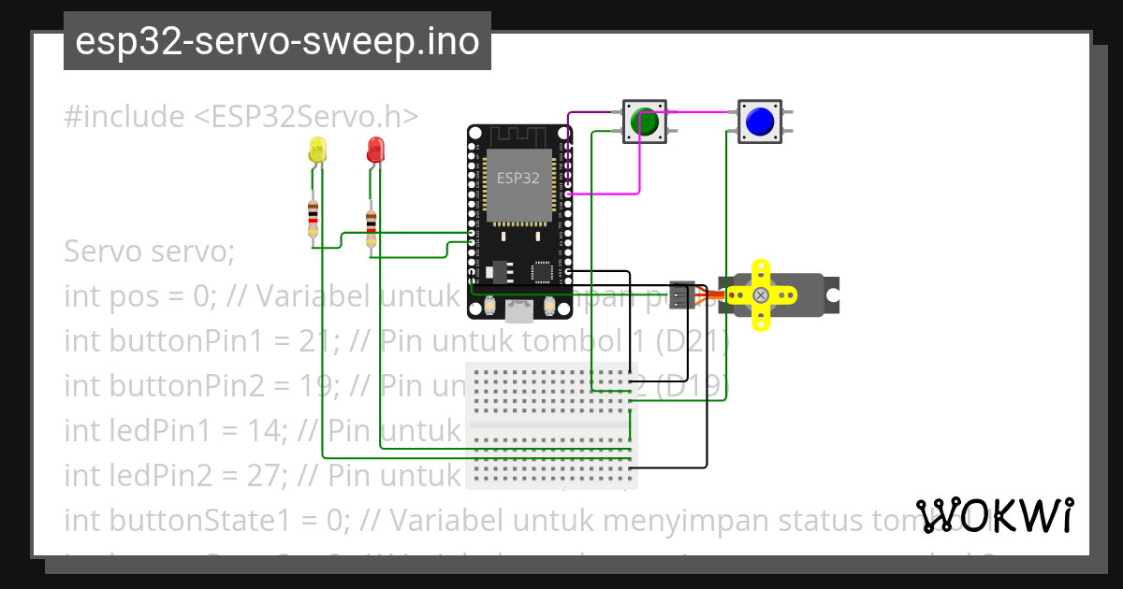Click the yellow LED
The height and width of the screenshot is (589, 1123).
click(x=317, y=150)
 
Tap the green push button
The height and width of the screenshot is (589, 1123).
click(x=644, y=122)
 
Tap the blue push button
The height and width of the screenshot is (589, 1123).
click(x=759, y=122)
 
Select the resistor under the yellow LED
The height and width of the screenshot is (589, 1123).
click(x=313, y=219)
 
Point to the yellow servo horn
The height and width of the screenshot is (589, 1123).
click(x=762, y=294)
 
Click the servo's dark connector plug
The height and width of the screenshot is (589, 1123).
click(x=683, y=294)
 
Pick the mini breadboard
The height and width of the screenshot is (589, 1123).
click(x=551, y=425)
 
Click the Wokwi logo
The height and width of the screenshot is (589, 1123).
click(x=995, y=516)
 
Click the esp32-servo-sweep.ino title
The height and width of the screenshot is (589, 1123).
click(x=277, y=41)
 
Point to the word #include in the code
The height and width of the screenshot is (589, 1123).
click(x=124, y=117)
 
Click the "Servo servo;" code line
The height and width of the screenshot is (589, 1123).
click(x=149, y=252)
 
